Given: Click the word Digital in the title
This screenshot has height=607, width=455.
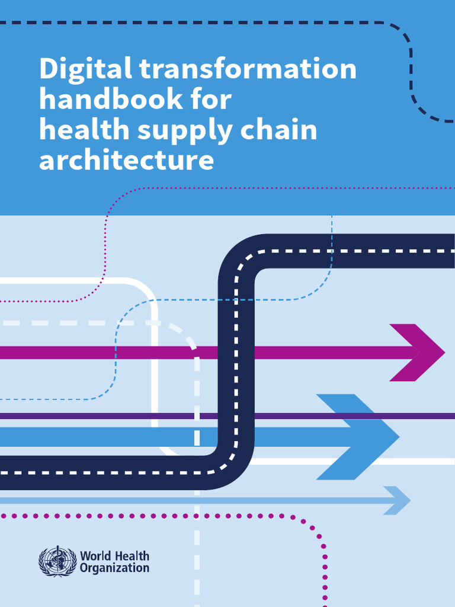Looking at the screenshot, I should point(85,70).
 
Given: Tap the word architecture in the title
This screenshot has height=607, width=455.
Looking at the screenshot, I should point(126,160).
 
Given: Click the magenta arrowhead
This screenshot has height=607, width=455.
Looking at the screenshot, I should point(421,353).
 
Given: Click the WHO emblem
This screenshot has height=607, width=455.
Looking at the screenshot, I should point(57,561).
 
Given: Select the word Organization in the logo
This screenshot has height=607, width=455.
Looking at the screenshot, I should point(114,568).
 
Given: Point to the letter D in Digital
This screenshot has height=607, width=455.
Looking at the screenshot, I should point(48,70).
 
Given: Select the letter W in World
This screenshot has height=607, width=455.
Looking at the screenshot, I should point(85,557).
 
